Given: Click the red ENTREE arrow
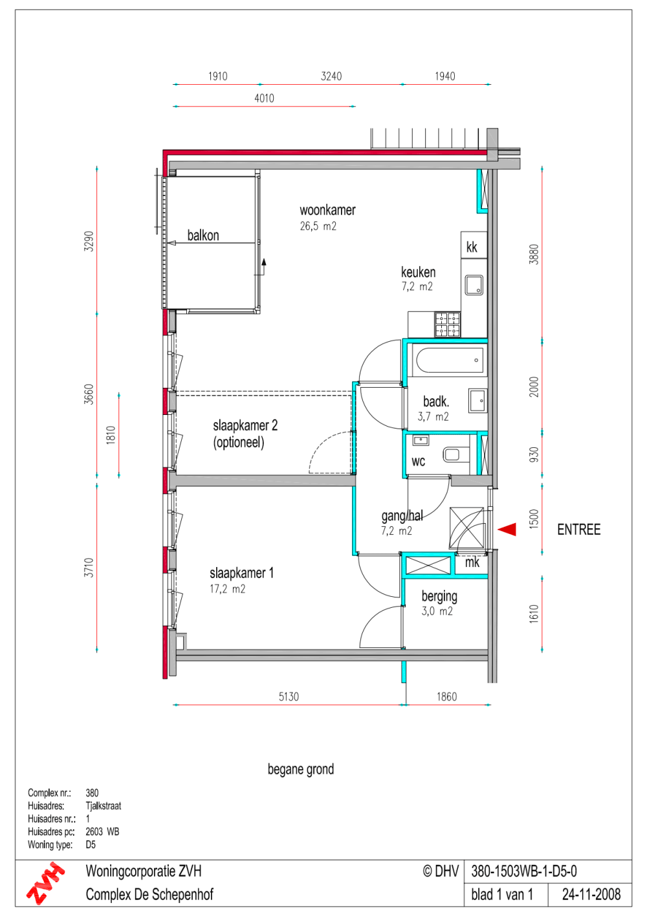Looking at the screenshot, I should [x=507, y=530].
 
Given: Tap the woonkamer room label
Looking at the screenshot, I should [x=327, y=210].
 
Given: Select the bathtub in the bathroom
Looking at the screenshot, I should [x=450, y=361].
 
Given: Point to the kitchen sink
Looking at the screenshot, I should [x=474, y=285].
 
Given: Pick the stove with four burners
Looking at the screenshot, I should [x=447, y=324].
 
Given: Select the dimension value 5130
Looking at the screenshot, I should [x=289, y=697].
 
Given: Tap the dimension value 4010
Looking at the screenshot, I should [x=264, y=98].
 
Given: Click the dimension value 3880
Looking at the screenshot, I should [x=534, y=254].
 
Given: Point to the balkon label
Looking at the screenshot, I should [x=203, y=236].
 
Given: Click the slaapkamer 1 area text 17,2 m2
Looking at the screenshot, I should [x=227, y=589].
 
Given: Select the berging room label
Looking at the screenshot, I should [x=439, y=596].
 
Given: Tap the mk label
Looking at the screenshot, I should [x=472, y=563].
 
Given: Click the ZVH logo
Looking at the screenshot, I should [x=45, y=883].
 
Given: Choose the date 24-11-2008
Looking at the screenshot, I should [x=591, y=895].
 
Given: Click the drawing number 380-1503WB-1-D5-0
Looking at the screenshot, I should [x=524, y=871].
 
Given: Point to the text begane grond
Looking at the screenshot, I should [x=301, y=769].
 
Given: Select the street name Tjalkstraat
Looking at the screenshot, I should [x=104, y=806].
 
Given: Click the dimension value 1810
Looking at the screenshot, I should [x=111, y=434].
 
